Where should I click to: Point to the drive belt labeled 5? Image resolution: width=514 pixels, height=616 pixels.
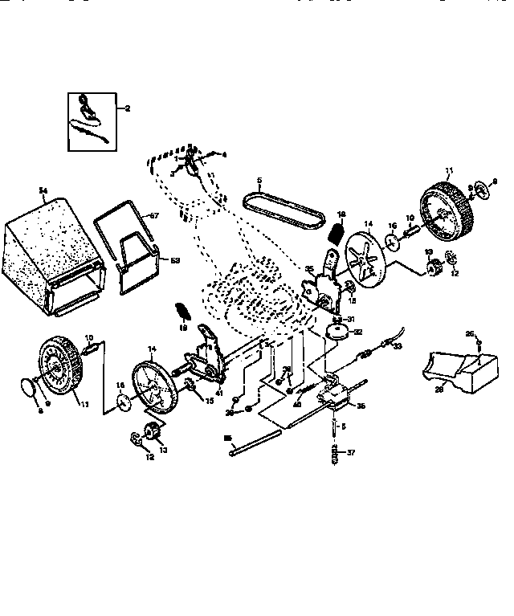(286, 205)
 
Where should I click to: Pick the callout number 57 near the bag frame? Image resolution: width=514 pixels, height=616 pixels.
(156, 216)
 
